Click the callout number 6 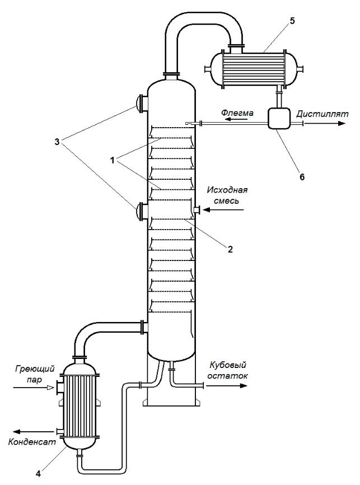pos(302,176)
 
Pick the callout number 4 pos(38,472)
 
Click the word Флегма pos(237,113)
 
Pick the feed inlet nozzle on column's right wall pos(196,210)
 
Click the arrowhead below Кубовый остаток pos(244,385)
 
